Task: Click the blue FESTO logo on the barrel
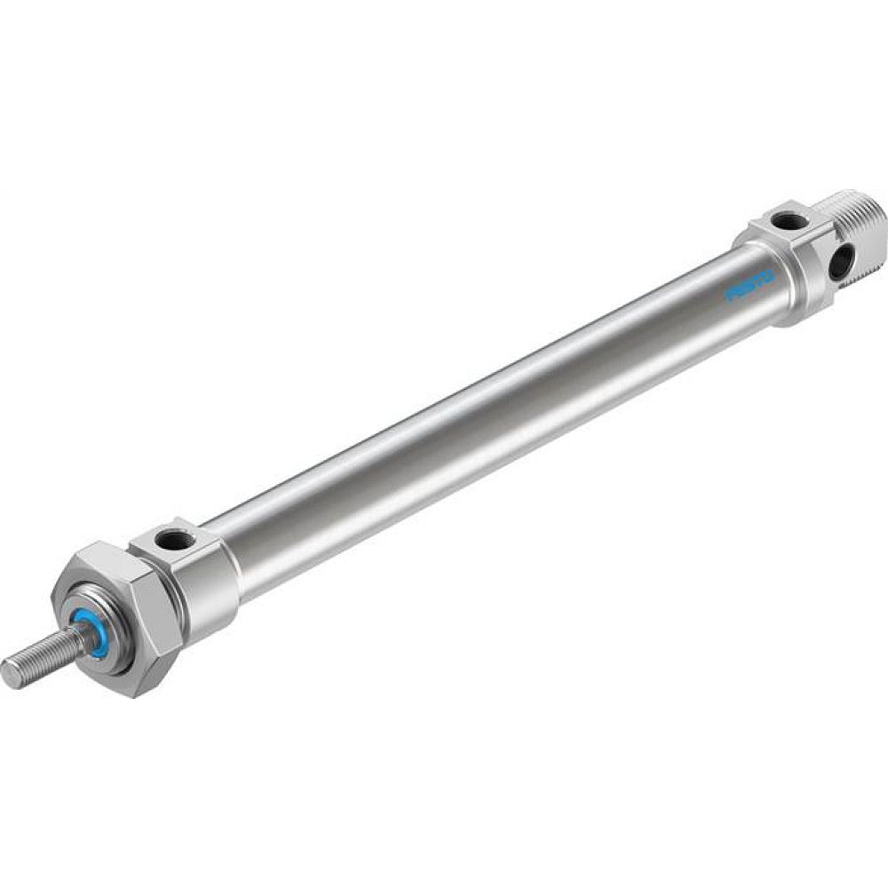(x=750, y=287)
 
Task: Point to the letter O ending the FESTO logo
(x=767, y=278)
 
